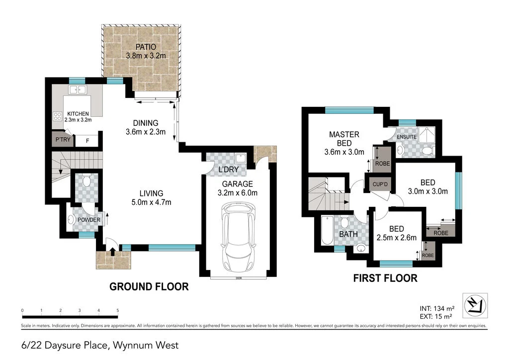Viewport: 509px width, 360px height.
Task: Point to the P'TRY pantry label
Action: coord(63,140)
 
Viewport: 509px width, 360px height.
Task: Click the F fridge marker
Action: coord(87,141)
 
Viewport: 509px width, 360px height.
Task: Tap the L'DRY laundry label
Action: coord(229,170)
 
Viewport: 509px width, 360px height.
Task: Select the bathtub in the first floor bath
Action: coord(327,231)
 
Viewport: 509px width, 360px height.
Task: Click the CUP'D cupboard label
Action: coord(380,184)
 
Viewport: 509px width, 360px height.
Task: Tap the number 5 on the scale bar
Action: coord(118,310)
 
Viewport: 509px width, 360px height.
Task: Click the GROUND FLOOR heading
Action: coord(149,287)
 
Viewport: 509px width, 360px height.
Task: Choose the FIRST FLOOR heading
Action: coord(385,278)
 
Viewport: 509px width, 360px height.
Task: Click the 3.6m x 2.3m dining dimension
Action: coord(146,132)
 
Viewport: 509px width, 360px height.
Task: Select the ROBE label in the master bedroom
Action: coord(382,163)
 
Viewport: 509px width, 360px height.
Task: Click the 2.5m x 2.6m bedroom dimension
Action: coord(397,238)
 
